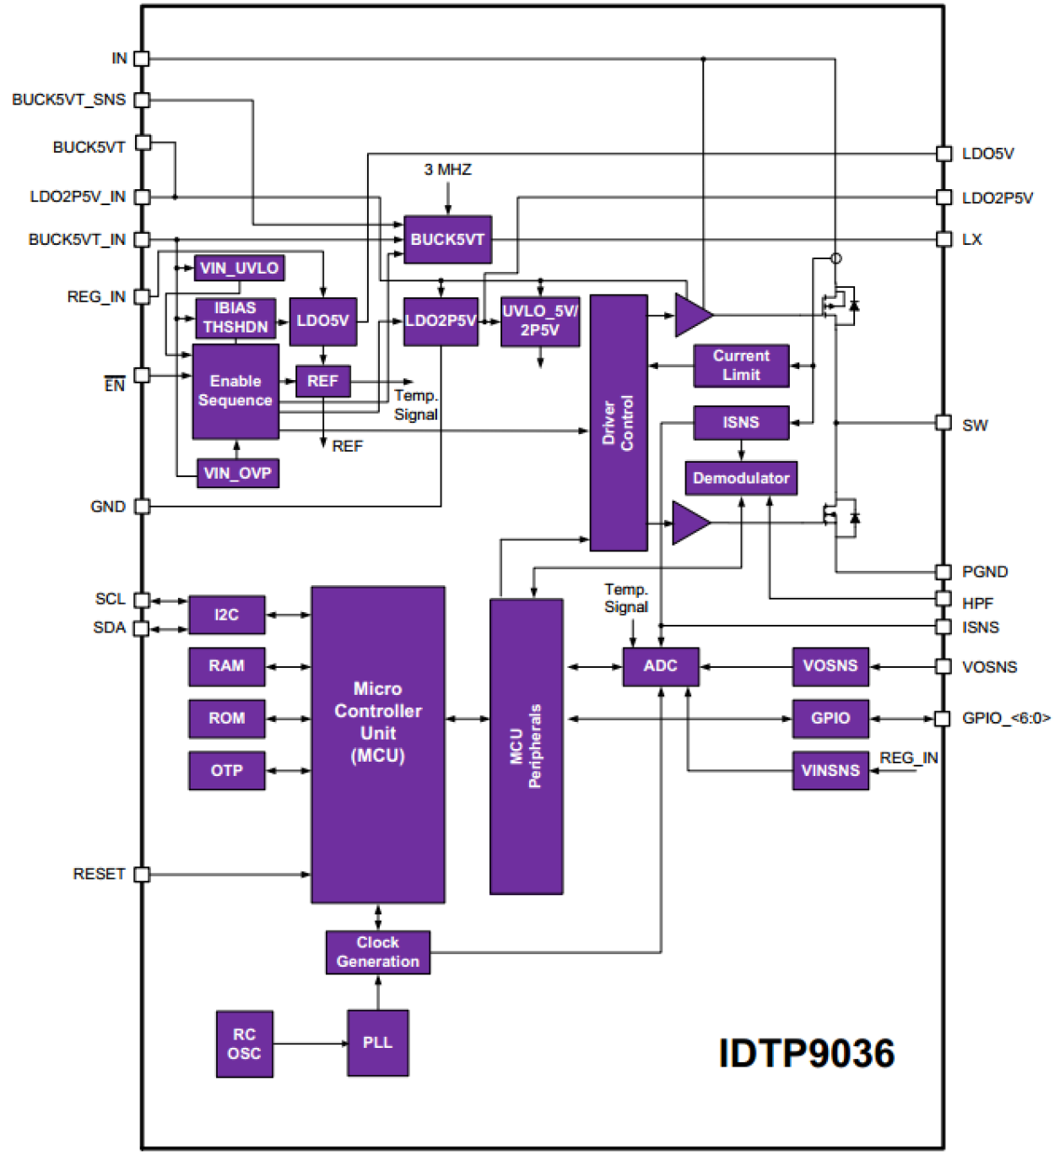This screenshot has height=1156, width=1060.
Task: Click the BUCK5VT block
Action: click(x=447, y=240)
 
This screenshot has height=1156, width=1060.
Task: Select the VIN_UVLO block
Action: click(x=239, y=269)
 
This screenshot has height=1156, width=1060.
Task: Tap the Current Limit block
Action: click(x=741, y=366)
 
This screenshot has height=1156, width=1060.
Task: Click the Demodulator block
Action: click(x=741, y=478)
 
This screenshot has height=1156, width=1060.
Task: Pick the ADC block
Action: click(x=661, y=666)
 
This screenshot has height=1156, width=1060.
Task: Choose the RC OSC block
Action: click(x=244, y=1044)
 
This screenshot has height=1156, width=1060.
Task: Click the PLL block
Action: click(x=377, y=1043)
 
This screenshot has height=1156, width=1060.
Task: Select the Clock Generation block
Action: click(x=377, y=952)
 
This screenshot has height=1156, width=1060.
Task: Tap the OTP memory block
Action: click(x=226, y=771)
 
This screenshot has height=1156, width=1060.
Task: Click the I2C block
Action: click(x=226, y=615)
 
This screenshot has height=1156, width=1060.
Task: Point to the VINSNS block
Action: click(x=830, y=771)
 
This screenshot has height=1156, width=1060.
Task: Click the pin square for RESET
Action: click(x=142, y=874)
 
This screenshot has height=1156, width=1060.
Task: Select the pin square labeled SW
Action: click(x=944, y=422)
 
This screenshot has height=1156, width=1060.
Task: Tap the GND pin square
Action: click(x=142, y=507)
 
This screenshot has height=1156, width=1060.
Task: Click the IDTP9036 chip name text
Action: click(x=806, y=1054)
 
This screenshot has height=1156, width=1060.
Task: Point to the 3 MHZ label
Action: click(x=447, y=170)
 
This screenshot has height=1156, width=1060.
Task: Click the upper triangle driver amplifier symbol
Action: click(x=692, y=315)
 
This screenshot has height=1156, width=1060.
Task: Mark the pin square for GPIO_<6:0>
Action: click(x=943, y=719)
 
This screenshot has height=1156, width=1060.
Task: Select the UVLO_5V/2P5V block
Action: click(x=540, y=321)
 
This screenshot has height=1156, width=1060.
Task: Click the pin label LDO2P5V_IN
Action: click(x=78, y=197)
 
